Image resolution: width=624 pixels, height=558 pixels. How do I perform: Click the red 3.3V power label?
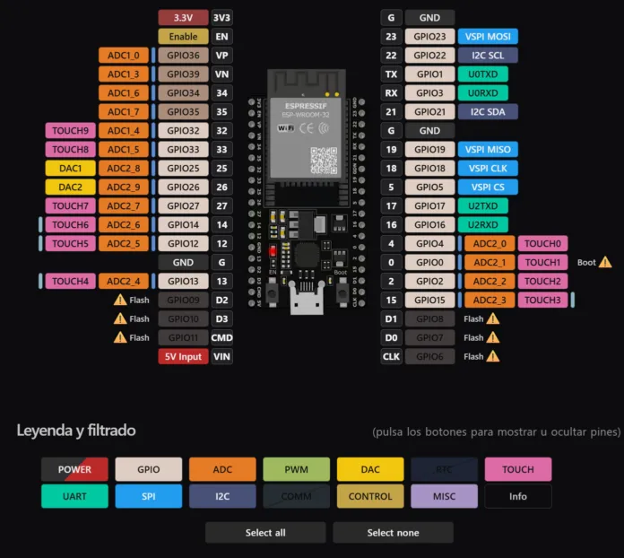click(183, 17)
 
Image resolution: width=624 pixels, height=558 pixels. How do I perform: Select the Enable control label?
click(183, 37)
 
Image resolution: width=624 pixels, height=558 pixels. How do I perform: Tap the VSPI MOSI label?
click(488, 37)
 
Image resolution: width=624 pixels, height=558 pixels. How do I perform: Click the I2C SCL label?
click(488, 56)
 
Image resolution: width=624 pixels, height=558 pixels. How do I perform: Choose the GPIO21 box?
click(429, 112)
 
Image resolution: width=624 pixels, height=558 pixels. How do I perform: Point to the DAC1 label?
click(70, 169)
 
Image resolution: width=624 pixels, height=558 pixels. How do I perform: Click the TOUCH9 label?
click(70, 131)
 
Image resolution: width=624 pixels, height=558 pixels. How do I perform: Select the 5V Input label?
click(183, 356)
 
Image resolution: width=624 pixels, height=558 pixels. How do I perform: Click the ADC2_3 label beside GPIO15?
click(490, 300)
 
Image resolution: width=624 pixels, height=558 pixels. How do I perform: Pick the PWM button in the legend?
click(296, 469)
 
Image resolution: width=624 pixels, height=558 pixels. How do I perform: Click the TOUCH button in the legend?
click(517, 469)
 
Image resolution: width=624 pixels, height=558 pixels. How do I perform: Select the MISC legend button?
click(444, 496)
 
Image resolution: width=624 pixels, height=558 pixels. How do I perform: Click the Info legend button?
click(517, 496)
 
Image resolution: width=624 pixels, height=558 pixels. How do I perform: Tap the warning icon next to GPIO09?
click(120, 300)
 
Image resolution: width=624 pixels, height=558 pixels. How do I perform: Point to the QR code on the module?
click(324, 158)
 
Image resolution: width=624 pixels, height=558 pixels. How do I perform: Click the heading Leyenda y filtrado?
click(76, 431)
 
